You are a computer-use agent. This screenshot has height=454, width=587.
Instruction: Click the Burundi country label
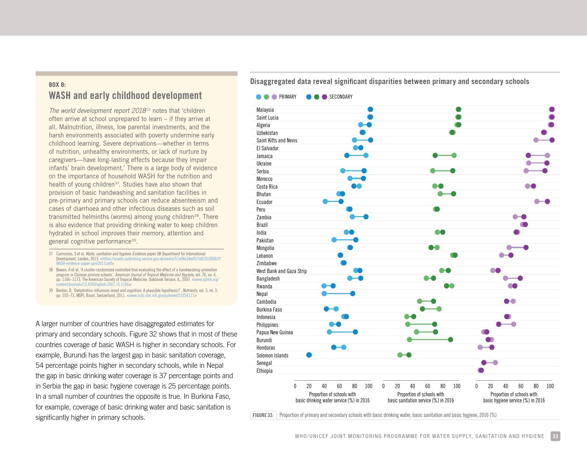tap(264, 340)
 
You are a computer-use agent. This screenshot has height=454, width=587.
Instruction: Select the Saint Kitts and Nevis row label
tap(277, 140)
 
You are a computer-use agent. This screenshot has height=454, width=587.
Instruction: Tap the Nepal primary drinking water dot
tap(324, 294)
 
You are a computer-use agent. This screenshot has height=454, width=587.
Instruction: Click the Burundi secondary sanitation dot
tap(450, 340)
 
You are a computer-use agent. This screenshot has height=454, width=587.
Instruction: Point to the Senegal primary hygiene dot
tap(495, 363)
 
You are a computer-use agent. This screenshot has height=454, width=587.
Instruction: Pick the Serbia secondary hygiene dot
tap(545, 171)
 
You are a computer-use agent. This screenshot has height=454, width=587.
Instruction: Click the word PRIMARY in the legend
tap(287, 97)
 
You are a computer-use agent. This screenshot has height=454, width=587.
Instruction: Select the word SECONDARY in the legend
tap(340, 97)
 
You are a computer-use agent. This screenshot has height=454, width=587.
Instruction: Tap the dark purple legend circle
tap(324, 97)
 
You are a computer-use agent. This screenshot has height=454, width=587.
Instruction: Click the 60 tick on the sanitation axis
tap(428, 386)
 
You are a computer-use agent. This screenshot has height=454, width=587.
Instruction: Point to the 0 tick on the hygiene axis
tap(476, 386)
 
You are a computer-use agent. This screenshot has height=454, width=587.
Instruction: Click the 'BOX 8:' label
tap(57, 85)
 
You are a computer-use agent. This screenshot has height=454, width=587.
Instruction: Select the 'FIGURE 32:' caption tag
tap(263, 415)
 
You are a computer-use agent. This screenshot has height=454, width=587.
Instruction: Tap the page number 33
tap(555, 436)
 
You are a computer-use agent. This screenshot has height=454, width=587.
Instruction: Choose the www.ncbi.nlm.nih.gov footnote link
tap(162, 296)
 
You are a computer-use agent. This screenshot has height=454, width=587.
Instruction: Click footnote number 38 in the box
tap(51, 270)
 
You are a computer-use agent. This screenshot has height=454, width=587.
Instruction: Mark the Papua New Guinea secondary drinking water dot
tap(355, 332)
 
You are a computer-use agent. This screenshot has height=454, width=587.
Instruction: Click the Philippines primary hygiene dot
tap(513, 324)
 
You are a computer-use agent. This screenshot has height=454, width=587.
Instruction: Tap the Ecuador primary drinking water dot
tap(325, 202)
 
